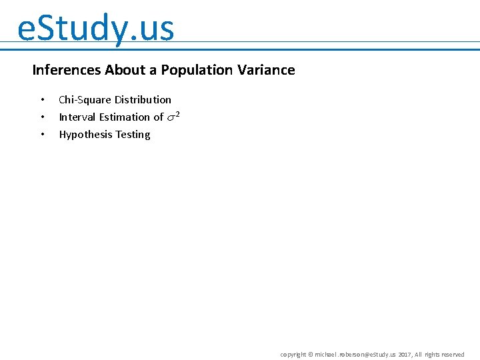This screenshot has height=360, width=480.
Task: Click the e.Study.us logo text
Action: click(95, 29)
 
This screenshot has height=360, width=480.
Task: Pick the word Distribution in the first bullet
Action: click(143, 100)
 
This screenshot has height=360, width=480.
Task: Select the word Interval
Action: click(77, 117)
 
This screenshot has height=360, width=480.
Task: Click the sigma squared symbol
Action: click(173, 117)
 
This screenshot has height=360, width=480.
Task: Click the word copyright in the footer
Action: click(293, 355)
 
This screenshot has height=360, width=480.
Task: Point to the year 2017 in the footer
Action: click(405, 355)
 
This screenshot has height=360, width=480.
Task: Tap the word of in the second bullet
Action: click(158, 117)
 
